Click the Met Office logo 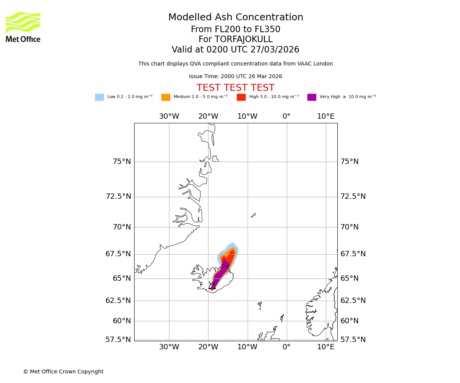[23, 27]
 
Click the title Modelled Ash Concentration [235, 18]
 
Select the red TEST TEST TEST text [235, 88]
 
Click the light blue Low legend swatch [99, 97]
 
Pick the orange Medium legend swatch [166, 97]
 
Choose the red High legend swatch [241, 97]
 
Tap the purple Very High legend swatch [312, 97]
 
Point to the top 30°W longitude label [169, 116]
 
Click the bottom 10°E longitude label [325, 347]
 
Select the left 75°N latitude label [122, 162]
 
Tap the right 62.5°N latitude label [353, 301]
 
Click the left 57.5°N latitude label [118, 340]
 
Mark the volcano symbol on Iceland [212, 285]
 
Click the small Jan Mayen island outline [253, 215]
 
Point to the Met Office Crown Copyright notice [63, 372]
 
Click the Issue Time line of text [235, 77]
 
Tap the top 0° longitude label [286, 116]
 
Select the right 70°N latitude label [349, 227]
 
